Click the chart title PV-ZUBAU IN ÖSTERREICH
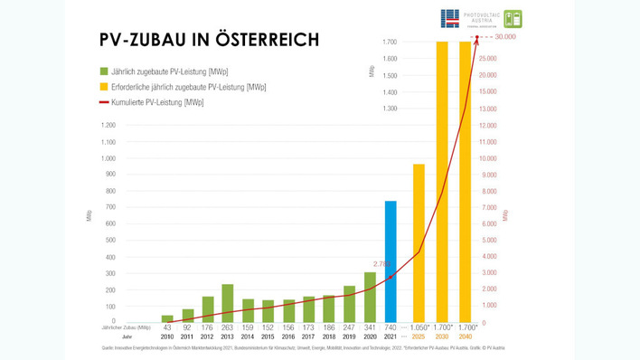(208, 40)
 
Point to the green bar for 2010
(167, 318)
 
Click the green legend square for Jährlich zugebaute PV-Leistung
(104, 71)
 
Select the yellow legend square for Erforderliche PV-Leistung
(104, 87)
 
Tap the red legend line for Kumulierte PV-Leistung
(104, 103)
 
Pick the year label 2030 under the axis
(443, 336)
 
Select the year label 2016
(289, 336)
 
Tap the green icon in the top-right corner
(513, 19)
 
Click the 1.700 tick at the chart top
(390, 43)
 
